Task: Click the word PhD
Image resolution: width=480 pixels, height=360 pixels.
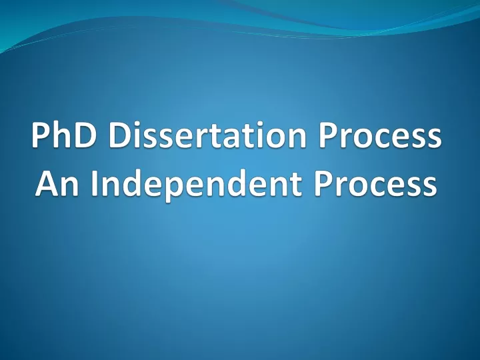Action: tap(63, 135)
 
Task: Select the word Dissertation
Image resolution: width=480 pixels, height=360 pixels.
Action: tap(207, 135)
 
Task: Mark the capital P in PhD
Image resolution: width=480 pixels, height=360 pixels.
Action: tap(40, 135)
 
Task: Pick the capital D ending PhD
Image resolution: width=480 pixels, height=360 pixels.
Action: tap(83, 135)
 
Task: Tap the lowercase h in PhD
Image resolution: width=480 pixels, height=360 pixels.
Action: tap(60, 134)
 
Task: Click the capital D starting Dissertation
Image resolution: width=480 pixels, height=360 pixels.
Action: tap(120, 135)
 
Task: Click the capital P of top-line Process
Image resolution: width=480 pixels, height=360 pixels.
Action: tap(327, 135)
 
